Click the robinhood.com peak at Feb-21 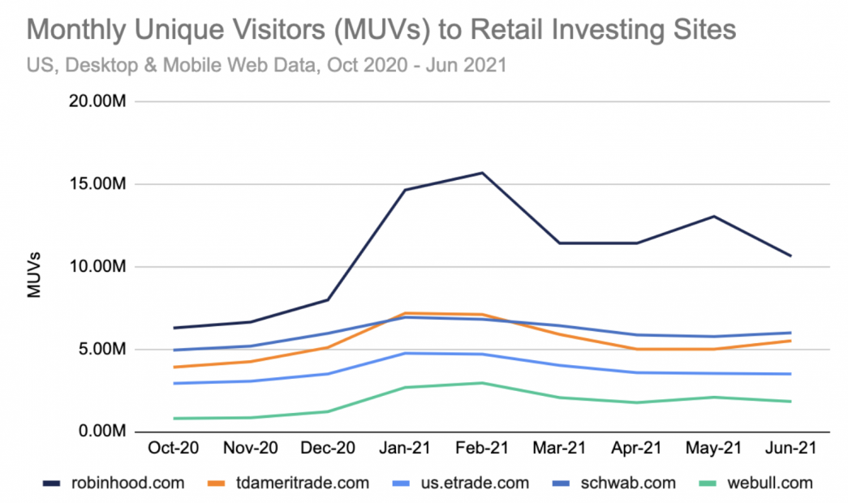(x=481, y=173)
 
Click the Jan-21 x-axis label (x=403, y=448)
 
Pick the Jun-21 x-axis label (x=791, y=448)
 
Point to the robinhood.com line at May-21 (x=714, y=216)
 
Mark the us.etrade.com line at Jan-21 (x=403, y=353)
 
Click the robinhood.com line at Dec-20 (x=326, y=299)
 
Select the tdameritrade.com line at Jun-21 (x=791, y=341)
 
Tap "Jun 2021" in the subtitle (x=470, y=66)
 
